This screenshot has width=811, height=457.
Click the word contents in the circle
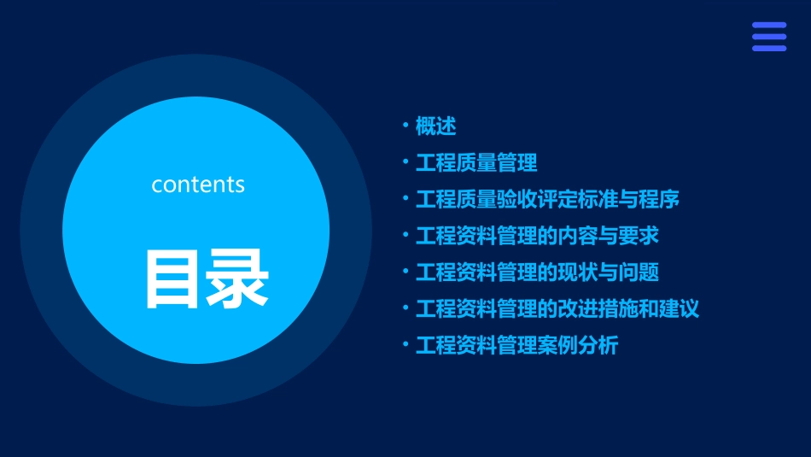point(198,185)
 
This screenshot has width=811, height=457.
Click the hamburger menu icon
point(769,37)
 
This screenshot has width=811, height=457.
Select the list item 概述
point(435,126)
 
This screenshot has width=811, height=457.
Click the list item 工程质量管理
point(476,163)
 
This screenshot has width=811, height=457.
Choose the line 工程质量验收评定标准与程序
point(547,200)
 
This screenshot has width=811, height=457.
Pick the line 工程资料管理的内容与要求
point(537,236)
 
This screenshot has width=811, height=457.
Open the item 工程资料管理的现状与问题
point(537,272)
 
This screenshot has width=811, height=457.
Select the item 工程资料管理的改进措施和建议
point(557,308)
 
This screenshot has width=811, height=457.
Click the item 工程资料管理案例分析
point(516,345)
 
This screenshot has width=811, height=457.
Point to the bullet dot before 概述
point(405,126)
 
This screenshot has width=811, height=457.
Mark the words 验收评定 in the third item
point(537,200)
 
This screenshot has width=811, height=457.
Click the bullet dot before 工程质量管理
point(405,162)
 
